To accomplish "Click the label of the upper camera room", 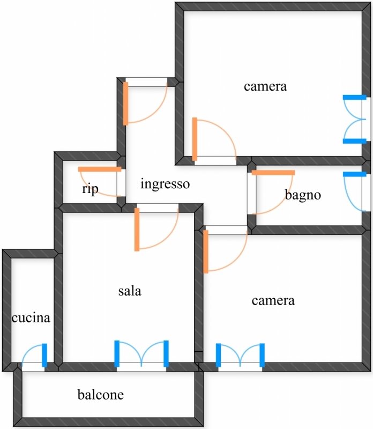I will coord(265,86).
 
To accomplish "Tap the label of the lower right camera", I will coord(273,301).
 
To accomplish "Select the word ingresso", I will coord(165,184).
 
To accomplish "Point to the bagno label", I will coord(303,195).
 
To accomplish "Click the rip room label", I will coord(90,189).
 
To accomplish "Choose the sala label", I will coord(130,291).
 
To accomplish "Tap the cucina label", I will coord(31,318).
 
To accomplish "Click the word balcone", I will coord(101,395).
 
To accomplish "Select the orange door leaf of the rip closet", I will coord(100,169).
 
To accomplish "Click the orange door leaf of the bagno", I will coord(273,173).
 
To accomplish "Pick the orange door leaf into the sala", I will coord(137,230).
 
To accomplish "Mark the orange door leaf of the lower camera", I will coord(206,252).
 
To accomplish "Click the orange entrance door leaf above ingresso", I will coord(125,103).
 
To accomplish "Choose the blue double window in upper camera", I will coord(355,119).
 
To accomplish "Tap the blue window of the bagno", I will coord(355,174).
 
